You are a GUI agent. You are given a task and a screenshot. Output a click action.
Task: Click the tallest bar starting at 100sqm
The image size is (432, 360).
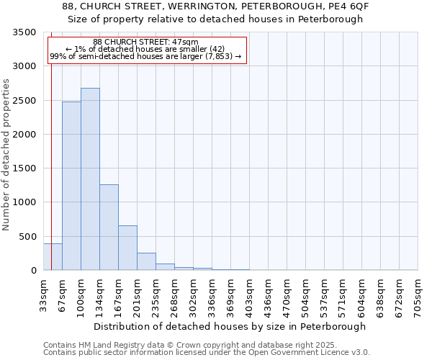click(x=90, y=179)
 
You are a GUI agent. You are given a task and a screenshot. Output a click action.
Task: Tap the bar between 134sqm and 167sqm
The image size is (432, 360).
click(x=109, y=228)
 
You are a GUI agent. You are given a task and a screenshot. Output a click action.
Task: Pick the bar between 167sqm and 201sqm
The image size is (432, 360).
click(x=127, y=248)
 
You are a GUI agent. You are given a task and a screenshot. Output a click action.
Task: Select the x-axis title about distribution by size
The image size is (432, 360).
click(x=230, y=326)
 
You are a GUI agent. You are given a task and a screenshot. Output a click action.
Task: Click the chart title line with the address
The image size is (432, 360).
click(x=216, y=6)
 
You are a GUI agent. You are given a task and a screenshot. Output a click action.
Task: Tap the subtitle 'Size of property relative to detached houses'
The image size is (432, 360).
click(x=216, y=19)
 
